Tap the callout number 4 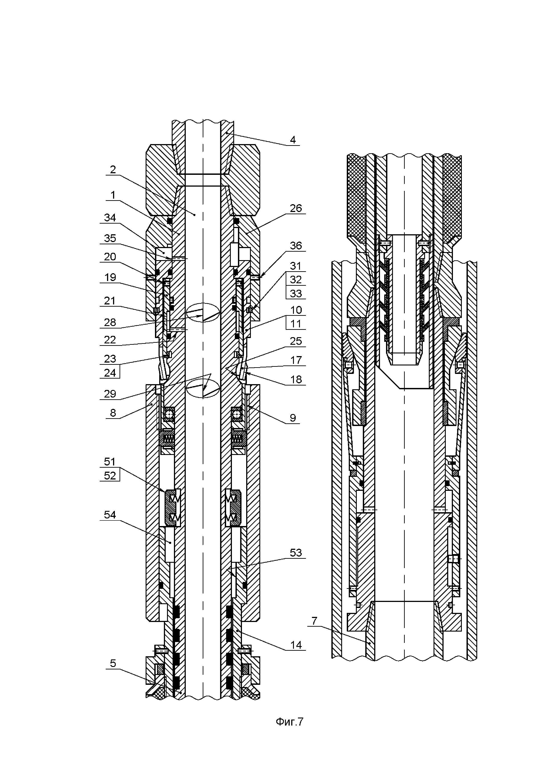click(x=293, y=139)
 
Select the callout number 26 click(x=296, y=208)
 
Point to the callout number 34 click(x=110, y=218)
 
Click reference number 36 click(x=296, y=246)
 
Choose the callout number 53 click(x=296, y=553)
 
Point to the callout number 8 click(x=113, y=413)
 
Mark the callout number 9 click(x=293, y=418)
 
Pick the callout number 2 click(x=113, y=169)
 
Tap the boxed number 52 click(x=110, y=475)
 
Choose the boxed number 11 click(x=296, y=324)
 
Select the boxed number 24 click(x=110, y=373)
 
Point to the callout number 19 click(x=110, y=277)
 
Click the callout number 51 click(x=110, y=462)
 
